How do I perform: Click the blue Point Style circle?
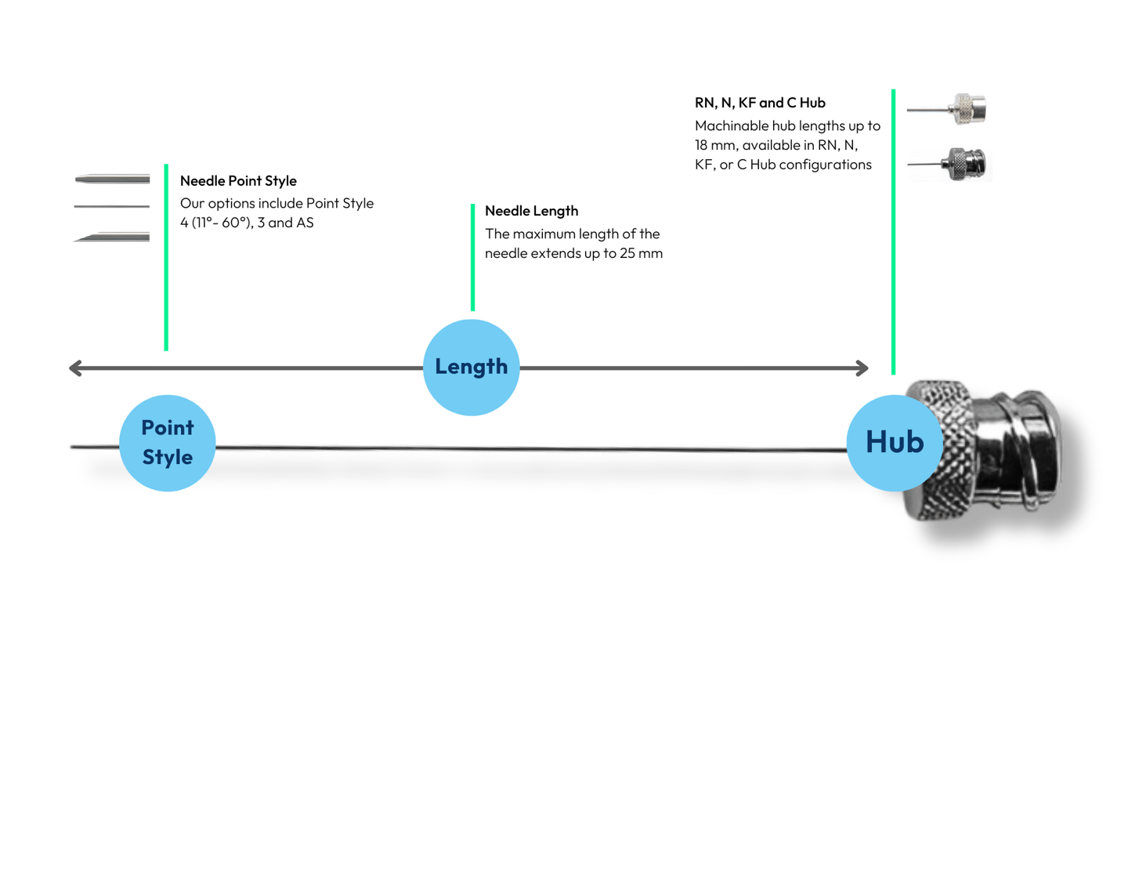(167, 443)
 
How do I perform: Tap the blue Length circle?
(472, 368)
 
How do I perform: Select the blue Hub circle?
(895, 443)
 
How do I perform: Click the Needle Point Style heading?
(238, 181)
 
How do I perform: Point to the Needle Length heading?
(532, 211)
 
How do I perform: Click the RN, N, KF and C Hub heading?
(760, 103)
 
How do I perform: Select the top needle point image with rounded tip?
(112, 179)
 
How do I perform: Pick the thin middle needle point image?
(111, 206)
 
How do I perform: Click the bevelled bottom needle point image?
(111, 237)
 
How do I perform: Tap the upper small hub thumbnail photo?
(946, 109)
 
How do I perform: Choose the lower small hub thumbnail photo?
(949, 164)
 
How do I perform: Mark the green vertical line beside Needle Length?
(472, 258)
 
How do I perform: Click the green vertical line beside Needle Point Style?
(166, 258)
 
